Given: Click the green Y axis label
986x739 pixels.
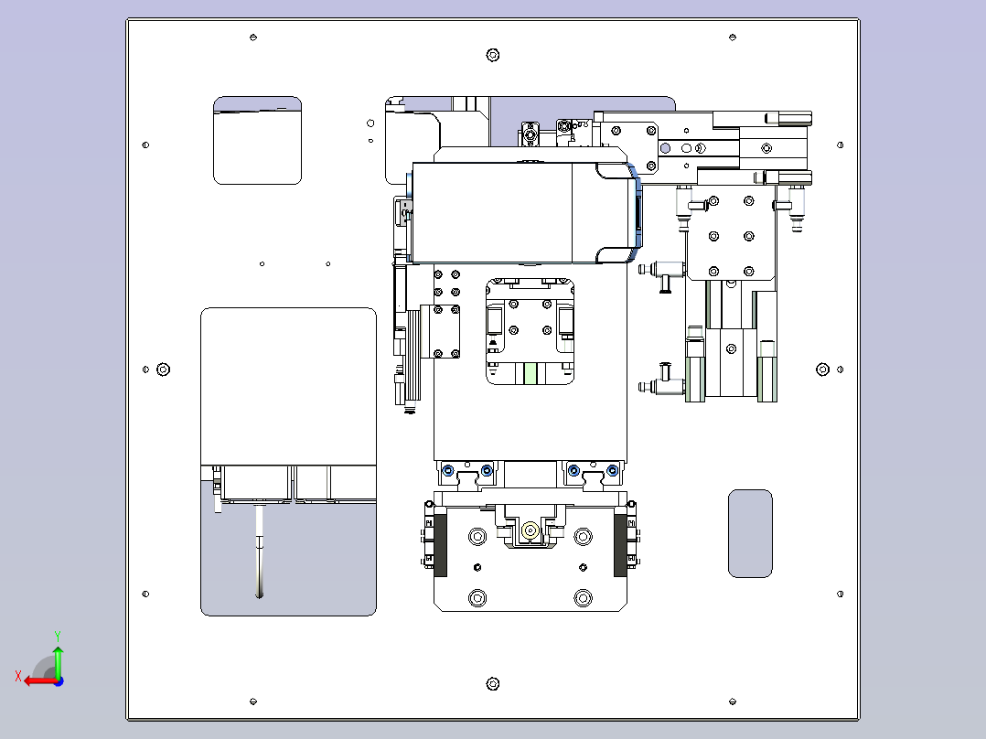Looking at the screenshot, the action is (x=58, y=636).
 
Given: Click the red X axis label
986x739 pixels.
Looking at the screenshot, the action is (x=18, y=676).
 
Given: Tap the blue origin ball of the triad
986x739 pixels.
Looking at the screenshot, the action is (x=59, y=681).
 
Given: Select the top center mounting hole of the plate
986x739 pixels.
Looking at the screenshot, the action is (x=493, y=56).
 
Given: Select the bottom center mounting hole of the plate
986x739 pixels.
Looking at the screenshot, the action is (x=493, y=683).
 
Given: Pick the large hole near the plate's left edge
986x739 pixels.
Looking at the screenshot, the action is (x=163, y=369).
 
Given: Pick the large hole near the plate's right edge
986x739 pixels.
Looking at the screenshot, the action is (x=822, y=369).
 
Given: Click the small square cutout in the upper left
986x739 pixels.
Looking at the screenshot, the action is (x=257, y=140).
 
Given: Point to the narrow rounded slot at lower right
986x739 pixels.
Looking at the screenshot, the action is (x=750, y=533).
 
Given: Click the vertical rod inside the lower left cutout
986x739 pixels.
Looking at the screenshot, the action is (x=259, y=551).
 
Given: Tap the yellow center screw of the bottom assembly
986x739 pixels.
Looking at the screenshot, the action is (x=531, y=530).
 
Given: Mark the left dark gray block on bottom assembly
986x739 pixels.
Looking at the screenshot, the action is (x=440, y=545).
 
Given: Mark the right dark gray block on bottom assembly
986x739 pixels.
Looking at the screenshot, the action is (x=620, y=545).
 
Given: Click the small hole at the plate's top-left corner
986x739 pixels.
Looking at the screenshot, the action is (x=253, y=37).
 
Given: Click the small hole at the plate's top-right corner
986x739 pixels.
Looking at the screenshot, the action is (x=733, y=37).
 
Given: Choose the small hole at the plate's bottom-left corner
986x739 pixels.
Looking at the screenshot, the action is (x=253, y=702).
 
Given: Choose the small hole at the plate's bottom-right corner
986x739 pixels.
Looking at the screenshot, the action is (x=733, y=702).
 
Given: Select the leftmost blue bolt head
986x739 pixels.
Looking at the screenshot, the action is (x=448, y=470).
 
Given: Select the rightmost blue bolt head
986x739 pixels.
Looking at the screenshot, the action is (x=613, y=470).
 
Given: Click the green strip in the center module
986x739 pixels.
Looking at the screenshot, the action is (x=531, y=373).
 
